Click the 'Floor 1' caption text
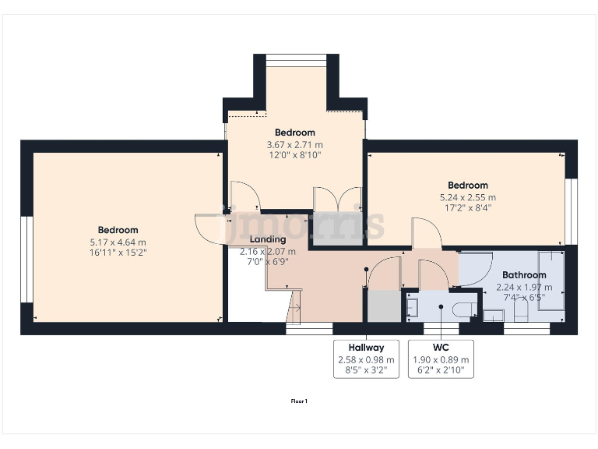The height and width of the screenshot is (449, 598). coord(299,401)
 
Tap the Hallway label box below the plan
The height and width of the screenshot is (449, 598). coord(366,359)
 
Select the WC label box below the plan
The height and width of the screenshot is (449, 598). coord(441,359)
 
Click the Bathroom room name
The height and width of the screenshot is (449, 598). coord(523,275)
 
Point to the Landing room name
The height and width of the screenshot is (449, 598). coord(267,239)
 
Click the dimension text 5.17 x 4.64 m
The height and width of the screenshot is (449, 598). coord(118,242)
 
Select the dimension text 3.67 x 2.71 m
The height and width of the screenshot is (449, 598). coord(294,144)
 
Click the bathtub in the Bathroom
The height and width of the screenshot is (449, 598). coord(551,281)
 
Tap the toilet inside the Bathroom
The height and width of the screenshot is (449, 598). coord(521,312)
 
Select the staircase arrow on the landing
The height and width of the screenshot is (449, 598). coord(294,307)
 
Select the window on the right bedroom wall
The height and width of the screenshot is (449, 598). coord(571,211)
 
